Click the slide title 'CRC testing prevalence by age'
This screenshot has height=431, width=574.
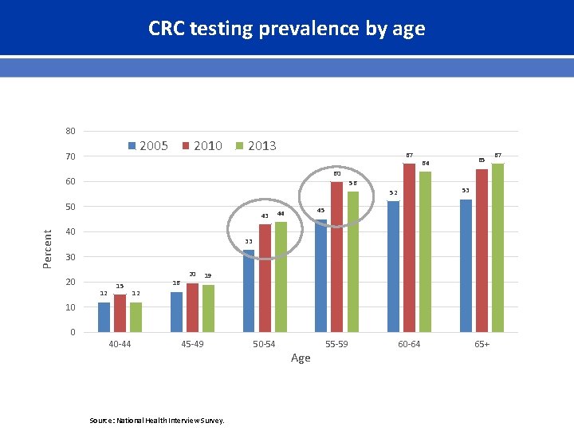pos(286,29)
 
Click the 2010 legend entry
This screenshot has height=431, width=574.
pos(202,145)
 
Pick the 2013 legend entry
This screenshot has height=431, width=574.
pos(256,145)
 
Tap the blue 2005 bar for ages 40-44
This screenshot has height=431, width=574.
pos(104,317)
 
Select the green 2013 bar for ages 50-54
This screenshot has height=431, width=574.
pos(281,276)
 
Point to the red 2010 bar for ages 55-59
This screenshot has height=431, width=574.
pos(336,256)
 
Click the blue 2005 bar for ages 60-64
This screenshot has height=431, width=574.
pos(393,266)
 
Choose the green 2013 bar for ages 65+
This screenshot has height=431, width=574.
pos(497,247)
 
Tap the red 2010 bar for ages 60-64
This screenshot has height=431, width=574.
pos(409,247)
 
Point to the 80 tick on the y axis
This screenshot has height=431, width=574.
pos(70,131)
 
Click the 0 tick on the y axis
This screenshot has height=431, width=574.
pos(73,332)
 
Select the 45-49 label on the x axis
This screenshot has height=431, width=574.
pos(192,344)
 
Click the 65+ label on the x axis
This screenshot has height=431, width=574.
pos(482,344)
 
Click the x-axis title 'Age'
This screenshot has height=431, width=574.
pos(301,358)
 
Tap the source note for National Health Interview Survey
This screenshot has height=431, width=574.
pos(156,421)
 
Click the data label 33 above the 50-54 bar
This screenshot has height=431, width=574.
pos(249,241)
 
